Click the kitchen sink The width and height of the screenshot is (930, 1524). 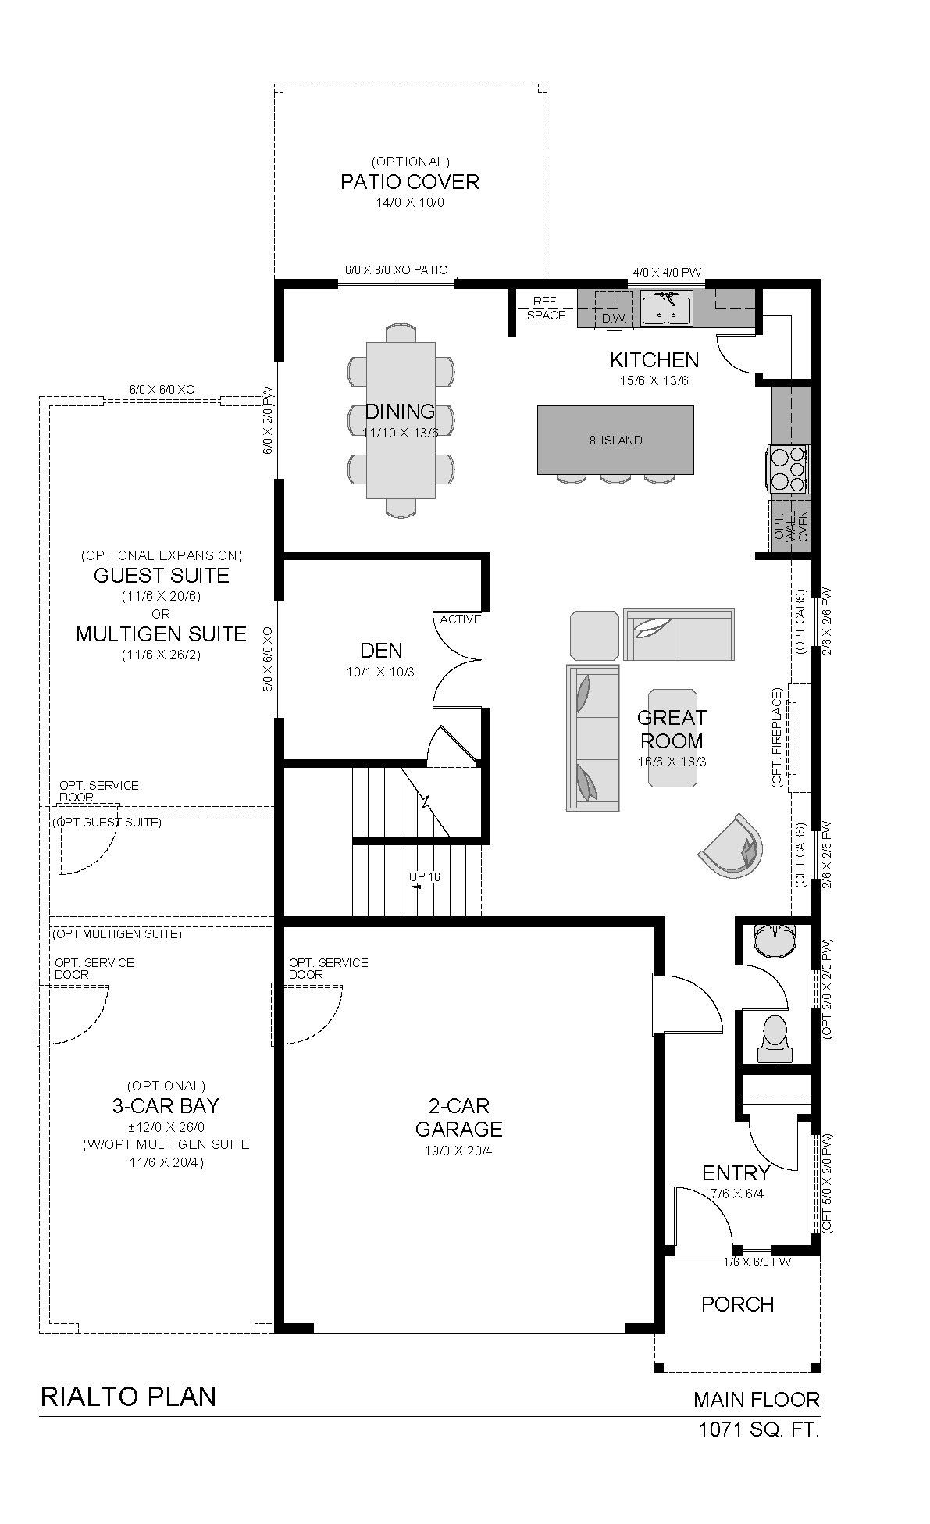coord(666,308)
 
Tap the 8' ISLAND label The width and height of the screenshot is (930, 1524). coord(615,441)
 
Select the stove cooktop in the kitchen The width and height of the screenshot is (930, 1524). coord(789,469)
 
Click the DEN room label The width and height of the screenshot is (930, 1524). coord(381,650)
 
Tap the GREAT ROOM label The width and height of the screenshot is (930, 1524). coord(671,729)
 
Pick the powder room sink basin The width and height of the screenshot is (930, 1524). coord(776,939)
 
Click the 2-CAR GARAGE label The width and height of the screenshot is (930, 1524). coord(458,1117)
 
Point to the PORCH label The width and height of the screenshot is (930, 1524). coord(737,1305)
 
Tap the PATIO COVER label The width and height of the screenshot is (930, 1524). coord(410,182)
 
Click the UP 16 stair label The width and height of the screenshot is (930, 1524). coord(424,877)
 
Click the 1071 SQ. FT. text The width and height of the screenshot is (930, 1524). coord(759,1430)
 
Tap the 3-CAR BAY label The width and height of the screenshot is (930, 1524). coord(166,1106)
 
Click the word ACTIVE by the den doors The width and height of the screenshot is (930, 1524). coord(461,619)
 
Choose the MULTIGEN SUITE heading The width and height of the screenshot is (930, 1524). coord(161,634)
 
